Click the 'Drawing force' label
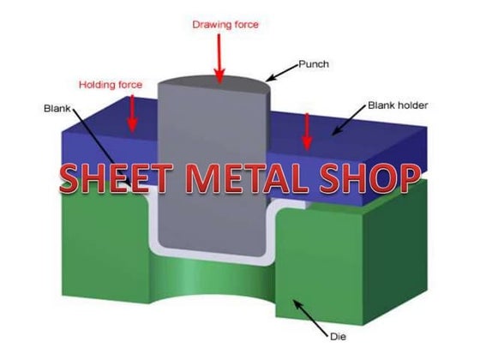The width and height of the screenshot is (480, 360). point(225,25)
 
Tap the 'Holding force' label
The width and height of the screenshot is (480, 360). point(111,85)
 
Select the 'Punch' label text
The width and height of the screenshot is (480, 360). point(314,64)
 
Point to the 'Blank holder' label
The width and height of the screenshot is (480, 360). point(398,105)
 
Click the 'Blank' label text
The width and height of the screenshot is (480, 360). point(57,108)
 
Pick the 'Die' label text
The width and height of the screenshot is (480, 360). point(338,337)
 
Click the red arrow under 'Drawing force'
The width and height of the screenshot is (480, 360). point(219,58)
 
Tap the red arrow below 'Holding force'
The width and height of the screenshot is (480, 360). point(132,113)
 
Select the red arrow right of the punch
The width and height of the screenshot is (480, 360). point(307,132)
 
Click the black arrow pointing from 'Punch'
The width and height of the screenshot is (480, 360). point(281,73)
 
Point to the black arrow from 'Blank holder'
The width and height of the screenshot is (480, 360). point(349,120)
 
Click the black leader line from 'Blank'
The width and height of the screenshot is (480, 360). point(102,147)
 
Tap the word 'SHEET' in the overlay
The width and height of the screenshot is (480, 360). point(116,178)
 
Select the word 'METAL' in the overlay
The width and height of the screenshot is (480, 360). point(247,178)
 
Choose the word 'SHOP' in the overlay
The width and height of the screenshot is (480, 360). point(369,178)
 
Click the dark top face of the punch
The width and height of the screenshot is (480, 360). point(214,84)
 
